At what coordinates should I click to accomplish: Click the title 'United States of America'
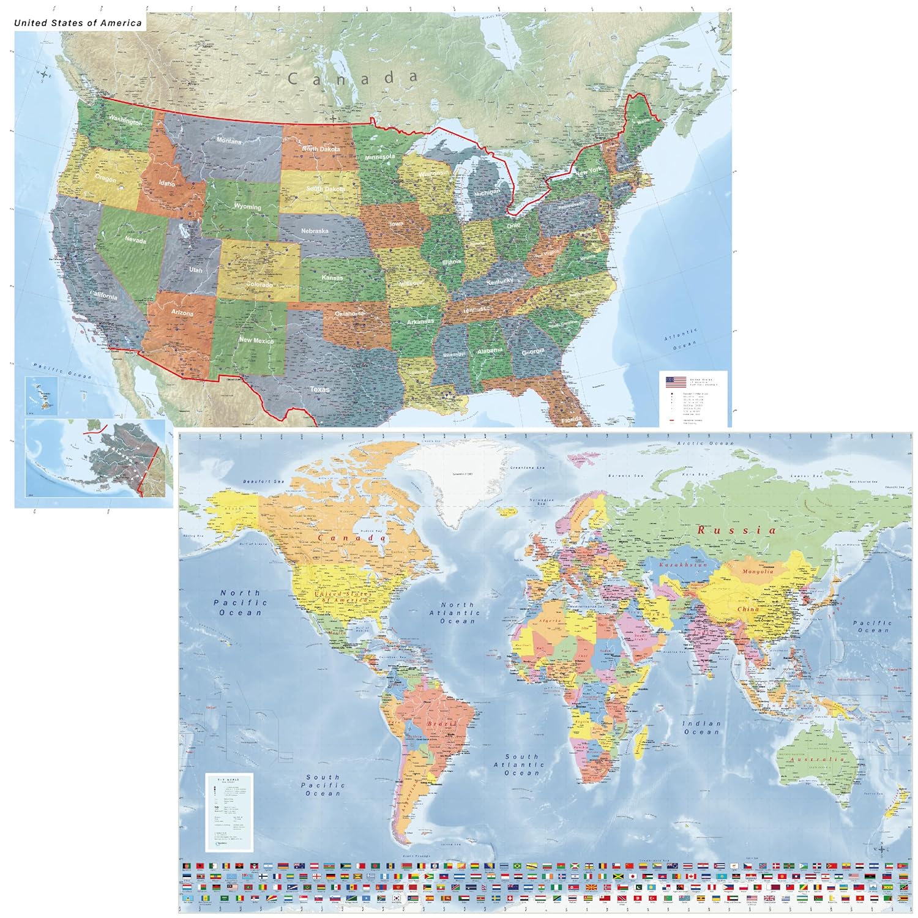pyautogui.click(x=78, y=23)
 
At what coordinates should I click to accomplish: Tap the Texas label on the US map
pyautogui.click(x=319, y=389)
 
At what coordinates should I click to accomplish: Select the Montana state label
pyautogui.click(x=229, y=141)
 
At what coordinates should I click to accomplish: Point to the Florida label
pyautogui.click(x=572, y=420)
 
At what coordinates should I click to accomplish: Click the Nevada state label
pyautogui.click(x=135, y=240)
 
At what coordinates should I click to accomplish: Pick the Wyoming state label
pyautogui.click(x=247, y=206)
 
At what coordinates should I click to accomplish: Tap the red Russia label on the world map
pyautogui.click(x=737, y=530)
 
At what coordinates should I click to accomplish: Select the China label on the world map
pyautogui.click(x=748, y=609)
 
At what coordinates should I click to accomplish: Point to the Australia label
pyautogui.click(x=818, y=759)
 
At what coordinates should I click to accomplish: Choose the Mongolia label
pyautogui.click(x=758, y=572)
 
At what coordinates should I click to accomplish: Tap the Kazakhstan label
pyautogui.click(x=683, y=564)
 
